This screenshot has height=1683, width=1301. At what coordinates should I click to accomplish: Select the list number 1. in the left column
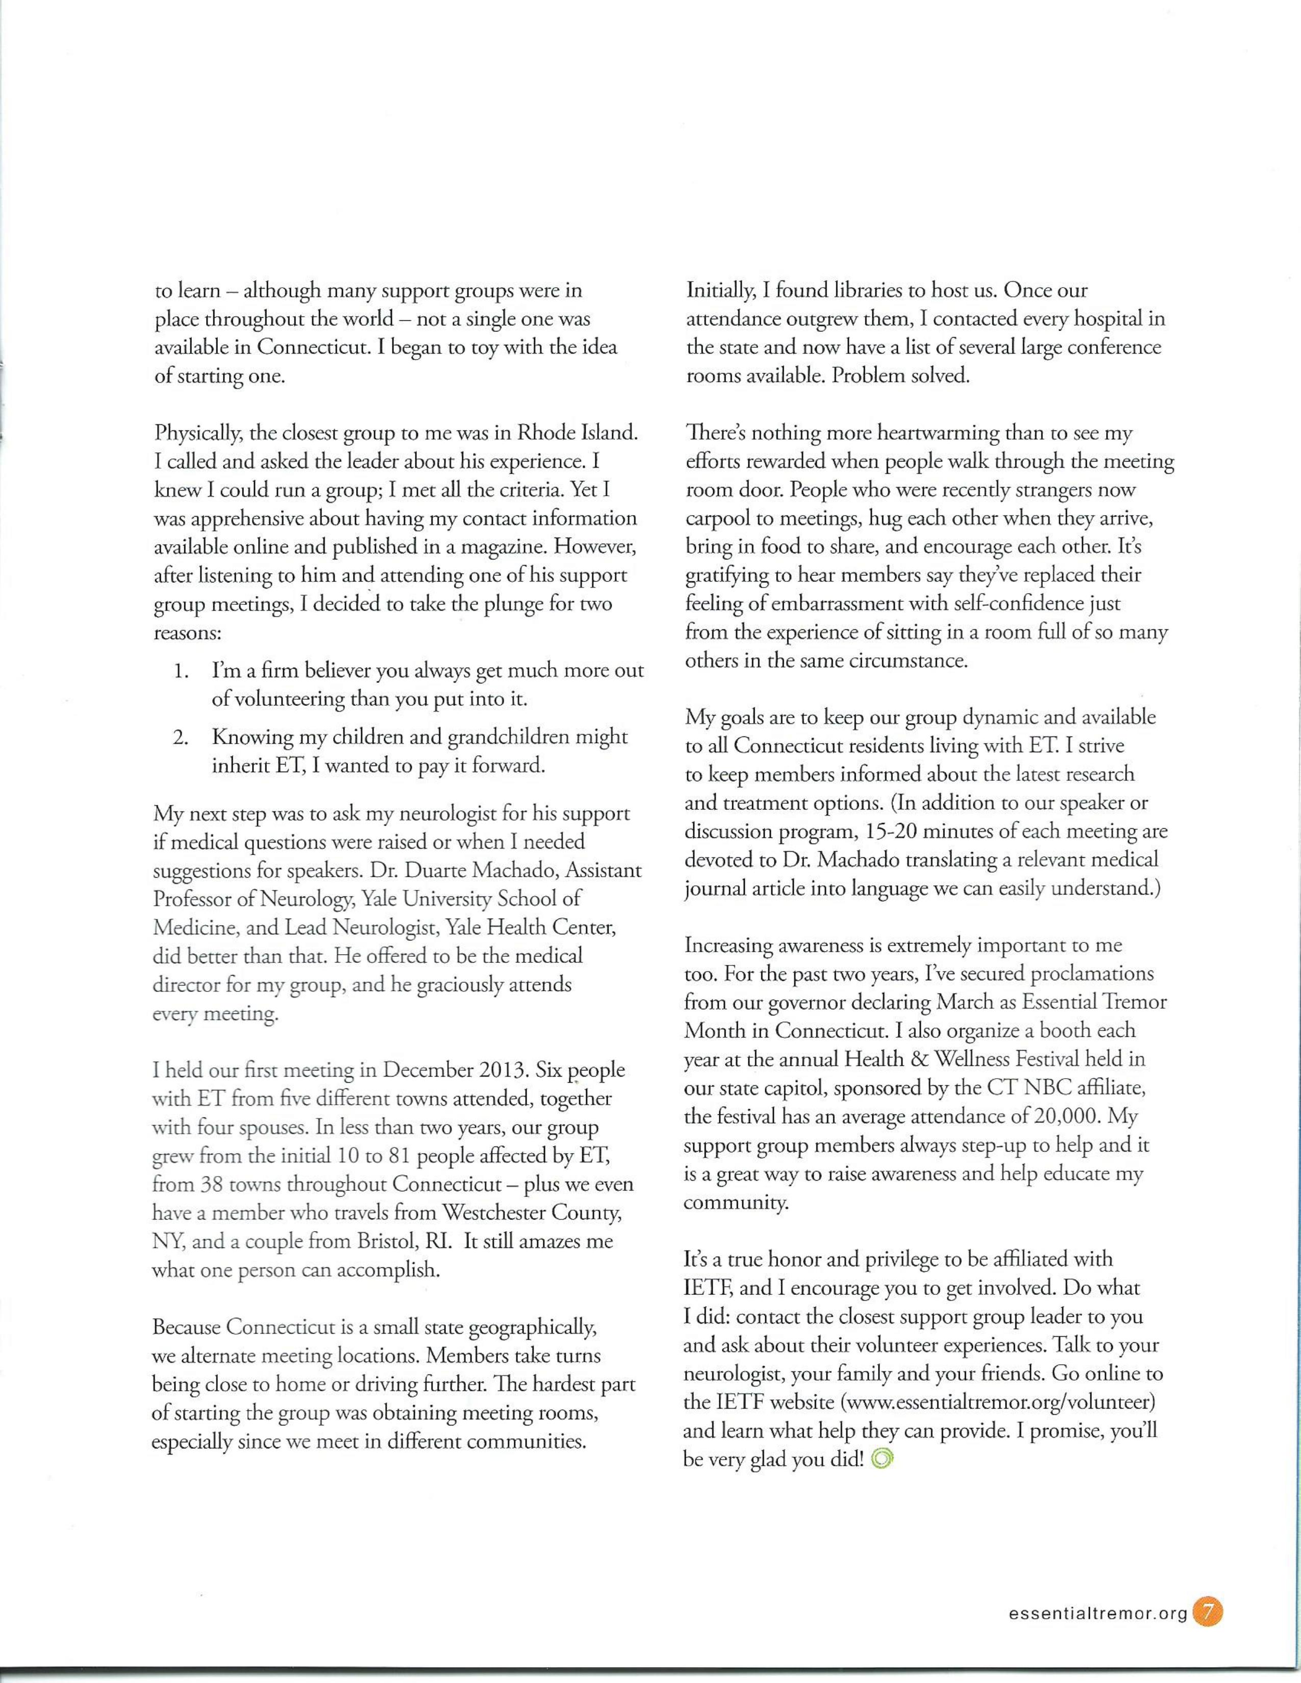[x=182, y=671]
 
